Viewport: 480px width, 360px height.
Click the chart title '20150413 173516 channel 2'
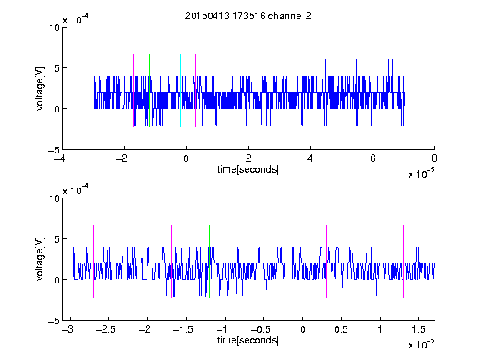[x=248, y=16]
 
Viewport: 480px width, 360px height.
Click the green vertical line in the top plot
[x=149, y=90]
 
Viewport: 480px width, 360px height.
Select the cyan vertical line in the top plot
[x=180, y=90]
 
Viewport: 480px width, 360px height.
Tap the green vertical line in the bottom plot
[x=209, y=261]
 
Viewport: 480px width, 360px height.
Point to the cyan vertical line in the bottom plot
[x=287, y=261]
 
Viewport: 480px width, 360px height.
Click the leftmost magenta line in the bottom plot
[x=93, y=261]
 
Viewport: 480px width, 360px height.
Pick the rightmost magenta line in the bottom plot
[x=403, y=261]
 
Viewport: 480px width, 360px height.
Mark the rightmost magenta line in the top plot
[x=227, y=90]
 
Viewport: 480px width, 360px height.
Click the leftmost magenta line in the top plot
[x=102, y=90]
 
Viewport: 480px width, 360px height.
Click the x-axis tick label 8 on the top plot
[x=434, y=158]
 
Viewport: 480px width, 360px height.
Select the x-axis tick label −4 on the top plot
[x=59, y=158]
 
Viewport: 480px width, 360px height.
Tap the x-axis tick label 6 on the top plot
[x=372, y=158]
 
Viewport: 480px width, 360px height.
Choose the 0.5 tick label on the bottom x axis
[x=341, y=329]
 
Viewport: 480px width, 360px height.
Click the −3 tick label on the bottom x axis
[x=67, y=329]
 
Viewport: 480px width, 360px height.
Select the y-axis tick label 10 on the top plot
[x=54, y=27]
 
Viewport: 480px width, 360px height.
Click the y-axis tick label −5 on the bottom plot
[x=54, y=321]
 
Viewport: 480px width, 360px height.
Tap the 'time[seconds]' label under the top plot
[x=248, y=169]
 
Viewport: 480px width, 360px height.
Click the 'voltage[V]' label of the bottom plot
[x=40, y=259]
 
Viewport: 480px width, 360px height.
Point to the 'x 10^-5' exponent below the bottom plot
[x=421, y=344]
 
